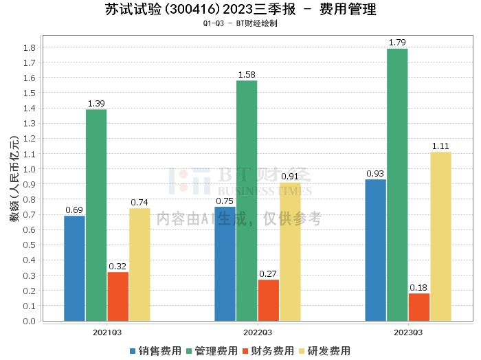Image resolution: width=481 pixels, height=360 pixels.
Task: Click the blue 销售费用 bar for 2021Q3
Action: pos(74,268)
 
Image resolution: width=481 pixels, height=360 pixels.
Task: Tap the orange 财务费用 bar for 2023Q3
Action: pos(418,307)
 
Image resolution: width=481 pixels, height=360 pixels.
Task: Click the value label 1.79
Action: pos(397,43)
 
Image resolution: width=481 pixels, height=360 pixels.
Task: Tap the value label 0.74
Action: pos(139,203)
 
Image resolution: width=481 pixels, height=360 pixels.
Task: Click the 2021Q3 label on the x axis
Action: pos(107,332)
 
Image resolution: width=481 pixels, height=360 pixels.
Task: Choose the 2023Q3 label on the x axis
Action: pos(408,332)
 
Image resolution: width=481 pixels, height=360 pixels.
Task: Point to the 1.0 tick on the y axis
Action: pos(30,169)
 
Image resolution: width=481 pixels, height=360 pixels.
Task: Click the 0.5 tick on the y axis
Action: pos(30,245)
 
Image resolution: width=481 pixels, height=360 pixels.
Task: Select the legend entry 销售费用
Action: pos(155,350)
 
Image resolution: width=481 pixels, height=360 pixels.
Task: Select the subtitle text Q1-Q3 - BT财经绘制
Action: pos(240,23)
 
